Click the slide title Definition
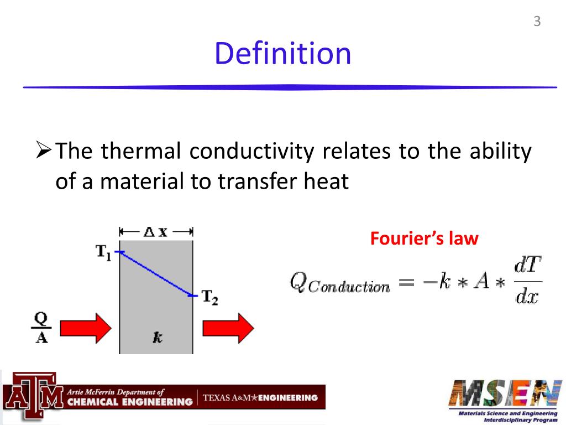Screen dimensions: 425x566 pyautogui.click(x=282, y=54)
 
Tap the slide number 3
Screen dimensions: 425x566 pyautogui.click(x=537, y=22)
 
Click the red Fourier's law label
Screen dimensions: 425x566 pyautogui.click(x=424, y=239)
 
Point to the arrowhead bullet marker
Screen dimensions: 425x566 pyautogui.click(x=44, y=150)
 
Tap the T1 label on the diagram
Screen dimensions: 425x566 pyautogui.click(x=104, y=253)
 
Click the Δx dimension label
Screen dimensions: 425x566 pyautogui.click(x=155, y=232)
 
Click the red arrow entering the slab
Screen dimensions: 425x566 pyautogui.click(x=86, y=328)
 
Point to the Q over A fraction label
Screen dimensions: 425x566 pyautogui.click(x=41, y=328)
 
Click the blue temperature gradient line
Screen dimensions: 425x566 pyautogui.click(x=156, y=273)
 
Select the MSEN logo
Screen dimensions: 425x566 pyautogui.click(x=506, y=393)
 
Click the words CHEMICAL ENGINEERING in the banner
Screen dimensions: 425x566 pyautogui.click(x=129, y=401)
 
